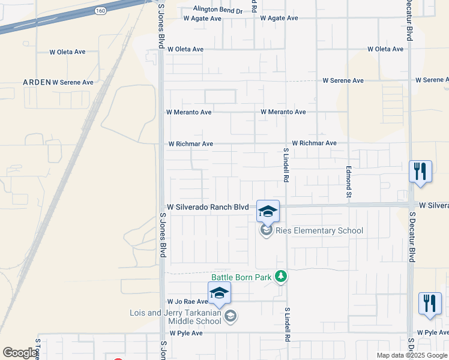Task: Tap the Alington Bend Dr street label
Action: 218,11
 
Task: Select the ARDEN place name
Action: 35,82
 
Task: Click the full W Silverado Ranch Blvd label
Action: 208,207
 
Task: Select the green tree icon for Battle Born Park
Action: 280,277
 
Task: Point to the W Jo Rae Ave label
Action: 187,302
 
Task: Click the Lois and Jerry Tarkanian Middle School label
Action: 175,317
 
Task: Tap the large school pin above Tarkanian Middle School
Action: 219,293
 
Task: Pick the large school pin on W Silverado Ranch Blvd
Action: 268,211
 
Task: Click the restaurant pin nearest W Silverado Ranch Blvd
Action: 421,172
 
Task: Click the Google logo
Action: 20,353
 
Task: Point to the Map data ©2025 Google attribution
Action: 412,355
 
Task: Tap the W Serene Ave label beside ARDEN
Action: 73,82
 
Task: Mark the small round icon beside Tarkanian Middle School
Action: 229,316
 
